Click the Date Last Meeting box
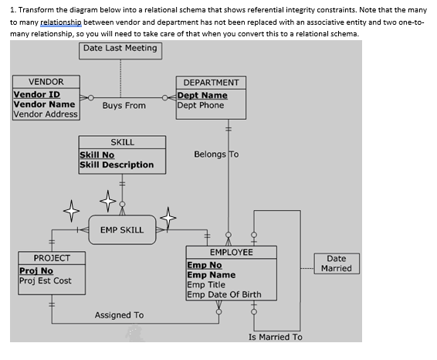(x=120, y=49)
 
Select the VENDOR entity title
(x=46, y=82)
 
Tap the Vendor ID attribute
(x=37, y=94)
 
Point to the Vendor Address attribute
(x=46, y=114)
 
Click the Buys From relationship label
(x=124, y=106)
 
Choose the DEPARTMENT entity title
(x=211, y=83)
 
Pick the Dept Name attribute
(x=202, y=96)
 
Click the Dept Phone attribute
(x=201, y=106)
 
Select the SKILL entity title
(x=122, y=142)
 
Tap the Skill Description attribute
(x=117, y=165)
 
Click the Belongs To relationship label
(x=216, y=155)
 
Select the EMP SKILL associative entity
(x=122, y=229)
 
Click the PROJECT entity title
(x=52, y=258)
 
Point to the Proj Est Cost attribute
(x=46, y=280)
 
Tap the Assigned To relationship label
(x=119, y=315)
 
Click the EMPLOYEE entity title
(x=231, y=253)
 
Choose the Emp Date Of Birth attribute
(x=224, y=294)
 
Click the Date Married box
(x=336, y=263)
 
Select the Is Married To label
(x=276, y=337)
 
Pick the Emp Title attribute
(x=205, y=284)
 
